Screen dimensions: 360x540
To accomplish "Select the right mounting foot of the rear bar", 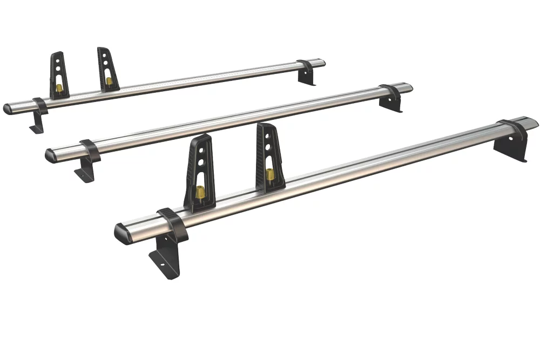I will pos(308,74).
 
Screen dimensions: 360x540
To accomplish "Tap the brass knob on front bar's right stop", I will pos(269,174).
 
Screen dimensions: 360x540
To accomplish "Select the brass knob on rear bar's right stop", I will pos(109,81).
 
